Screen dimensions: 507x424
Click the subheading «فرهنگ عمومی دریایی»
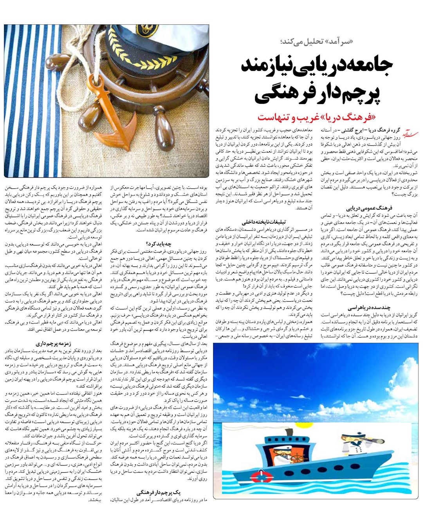point(368,208)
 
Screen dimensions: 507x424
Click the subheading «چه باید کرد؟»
point(158,243)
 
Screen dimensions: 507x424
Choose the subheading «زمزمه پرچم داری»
point(53,344)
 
